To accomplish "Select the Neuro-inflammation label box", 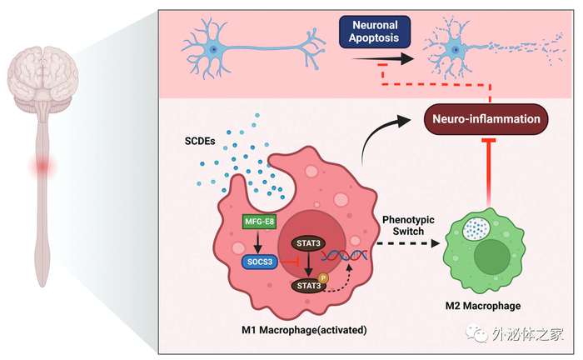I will [x=489, y=119].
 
